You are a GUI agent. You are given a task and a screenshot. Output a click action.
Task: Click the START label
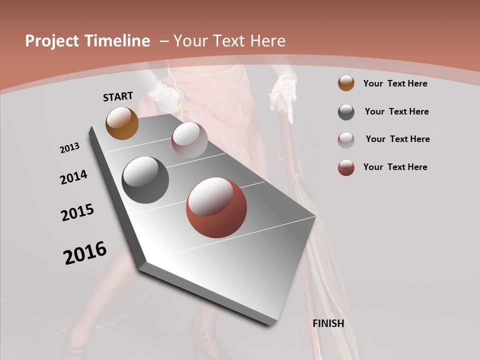click(x=118, y=96)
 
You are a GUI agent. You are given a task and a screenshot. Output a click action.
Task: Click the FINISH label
click(x=328, y=323)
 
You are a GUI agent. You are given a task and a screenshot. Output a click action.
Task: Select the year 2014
click(x=73, y=177)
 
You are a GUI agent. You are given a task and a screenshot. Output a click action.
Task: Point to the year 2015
click(x=77, y=212)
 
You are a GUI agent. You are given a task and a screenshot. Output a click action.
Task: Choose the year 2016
click(x=85, y=253)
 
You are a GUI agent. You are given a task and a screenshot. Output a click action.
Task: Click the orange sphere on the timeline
click(x=122, y=123)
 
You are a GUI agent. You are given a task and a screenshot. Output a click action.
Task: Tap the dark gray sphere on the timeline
click(x=145, y=180)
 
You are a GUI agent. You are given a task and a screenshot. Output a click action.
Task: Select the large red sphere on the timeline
click(x=216, y=207)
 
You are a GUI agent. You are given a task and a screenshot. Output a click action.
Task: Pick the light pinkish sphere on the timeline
click(x=189, y=140)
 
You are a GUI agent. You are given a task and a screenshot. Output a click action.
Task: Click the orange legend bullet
click(x=346, y=83)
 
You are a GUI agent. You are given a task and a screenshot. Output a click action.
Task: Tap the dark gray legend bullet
click(x=346, y=111)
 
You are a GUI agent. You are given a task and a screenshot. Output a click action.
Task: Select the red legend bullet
click(x=346, y=167)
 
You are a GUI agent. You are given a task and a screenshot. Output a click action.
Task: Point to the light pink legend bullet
click(x=346, y=139)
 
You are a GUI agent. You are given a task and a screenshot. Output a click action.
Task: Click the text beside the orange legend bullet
click(x=395, y=83)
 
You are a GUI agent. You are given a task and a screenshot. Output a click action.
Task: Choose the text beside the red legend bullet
click(x=395, y=167)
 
